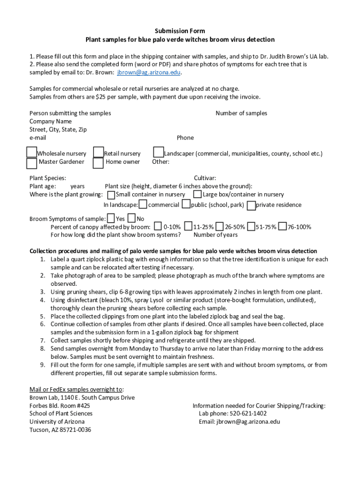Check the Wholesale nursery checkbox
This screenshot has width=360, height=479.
[31, 152]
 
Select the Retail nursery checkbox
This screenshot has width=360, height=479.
[98, 152]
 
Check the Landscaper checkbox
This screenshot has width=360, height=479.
[158, 152]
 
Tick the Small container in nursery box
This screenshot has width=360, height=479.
[111, 195]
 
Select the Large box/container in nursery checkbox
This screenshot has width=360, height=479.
[198, 194]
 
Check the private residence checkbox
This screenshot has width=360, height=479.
[252, 205]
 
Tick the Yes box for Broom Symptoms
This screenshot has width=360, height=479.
[111, 218]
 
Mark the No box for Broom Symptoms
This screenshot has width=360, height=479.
[132, 218]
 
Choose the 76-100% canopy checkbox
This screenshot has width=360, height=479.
[282, 226]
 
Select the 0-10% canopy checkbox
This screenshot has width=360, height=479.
[158, 226]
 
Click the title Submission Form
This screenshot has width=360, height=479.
[180, 31]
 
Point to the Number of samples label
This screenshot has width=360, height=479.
[241, 113]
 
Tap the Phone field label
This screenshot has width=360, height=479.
[185, 138]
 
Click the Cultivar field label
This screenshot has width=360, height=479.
[205, 178]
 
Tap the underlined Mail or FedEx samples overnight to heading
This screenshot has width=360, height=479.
[76, 389]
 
